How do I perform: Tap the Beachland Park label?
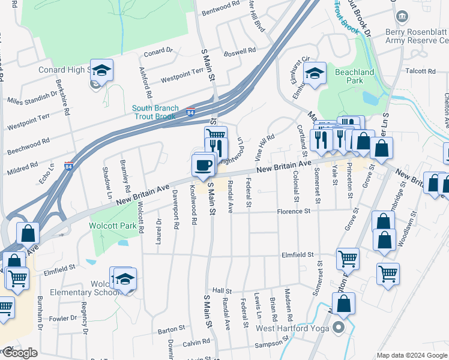click(354, 76)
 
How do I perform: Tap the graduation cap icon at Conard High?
click(102, 70)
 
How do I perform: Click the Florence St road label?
click(293, 211)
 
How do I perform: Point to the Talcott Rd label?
click(420, 71)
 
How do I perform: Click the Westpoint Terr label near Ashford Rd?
click(182, 76)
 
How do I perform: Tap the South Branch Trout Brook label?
click(155, 112)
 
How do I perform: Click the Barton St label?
click(172, 329)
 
